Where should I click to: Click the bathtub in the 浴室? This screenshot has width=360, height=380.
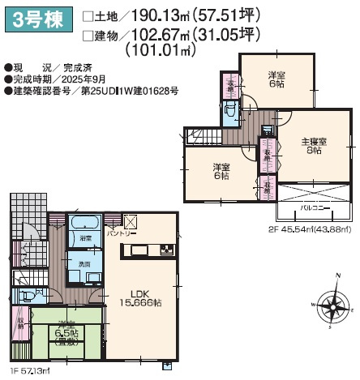point(85,224)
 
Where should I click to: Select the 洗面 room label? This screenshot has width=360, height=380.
point(84,263)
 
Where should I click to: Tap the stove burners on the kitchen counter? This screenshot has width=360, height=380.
point(167,249)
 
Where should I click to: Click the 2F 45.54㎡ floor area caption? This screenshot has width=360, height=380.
point(311,229)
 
